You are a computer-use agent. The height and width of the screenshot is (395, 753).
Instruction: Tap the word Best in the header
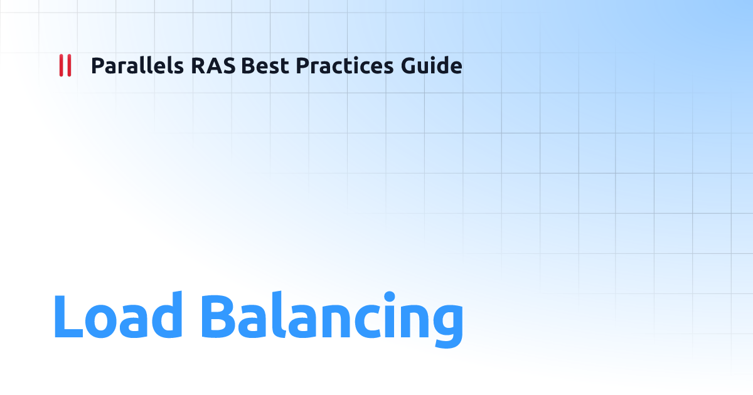263,65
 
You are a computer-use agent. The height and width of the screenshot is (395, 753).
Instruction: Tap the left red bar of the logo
61,65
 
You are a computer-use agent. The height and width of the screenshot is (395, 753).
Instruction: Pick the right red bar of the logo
68,65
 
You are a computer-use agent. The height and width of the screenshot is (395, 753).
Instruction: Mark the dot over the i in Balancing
390,296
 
